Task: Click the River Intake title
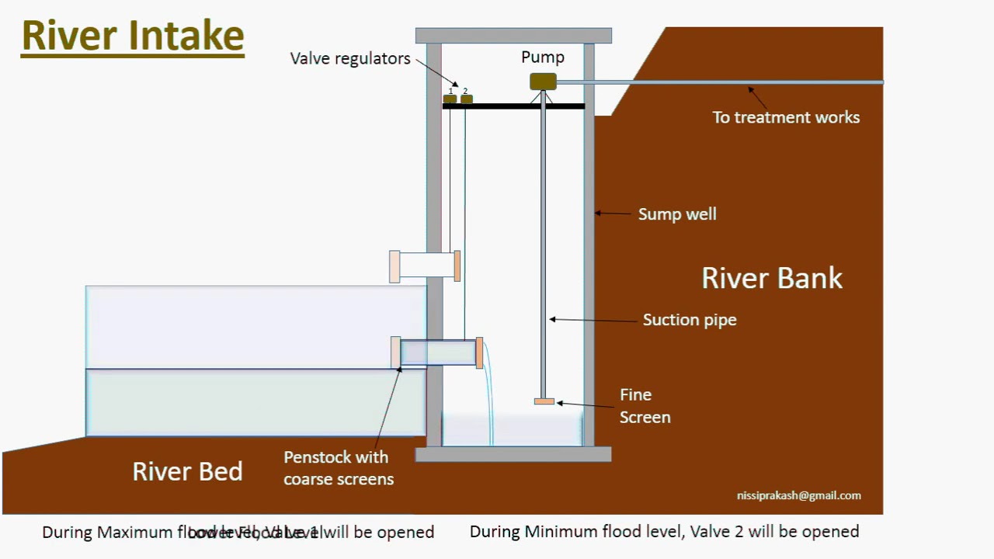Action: [133, 36]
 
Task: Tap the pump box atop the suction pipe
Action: [543, 82]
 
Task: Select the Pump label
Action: [543, 57]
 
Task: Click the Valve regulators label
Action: [349, 58]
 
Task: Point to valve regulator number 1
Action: [450, 99]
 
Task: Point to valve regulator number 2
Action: [466, 99]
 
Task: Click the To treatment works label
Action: [786, 117]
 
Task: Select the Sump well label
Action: [677, 214]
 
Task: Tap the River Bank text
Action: [772, 278]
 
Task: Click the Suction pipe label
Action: [690, 320]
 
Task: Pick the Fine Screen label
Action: [645, 406]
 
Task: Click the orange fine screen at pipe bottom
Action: [544, 401]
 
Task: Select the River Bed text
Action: [187, 471]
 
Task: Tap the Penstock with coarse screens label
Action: [338, 468]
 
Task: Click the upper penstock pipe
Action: [426, 266]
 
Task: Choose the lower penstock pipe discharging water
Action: [438, 352]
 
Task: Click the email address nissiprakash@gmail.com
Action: [798, 495]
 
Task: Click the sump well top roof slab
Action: [513, 36]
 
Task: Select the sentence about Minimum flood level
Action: [664, 532]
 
